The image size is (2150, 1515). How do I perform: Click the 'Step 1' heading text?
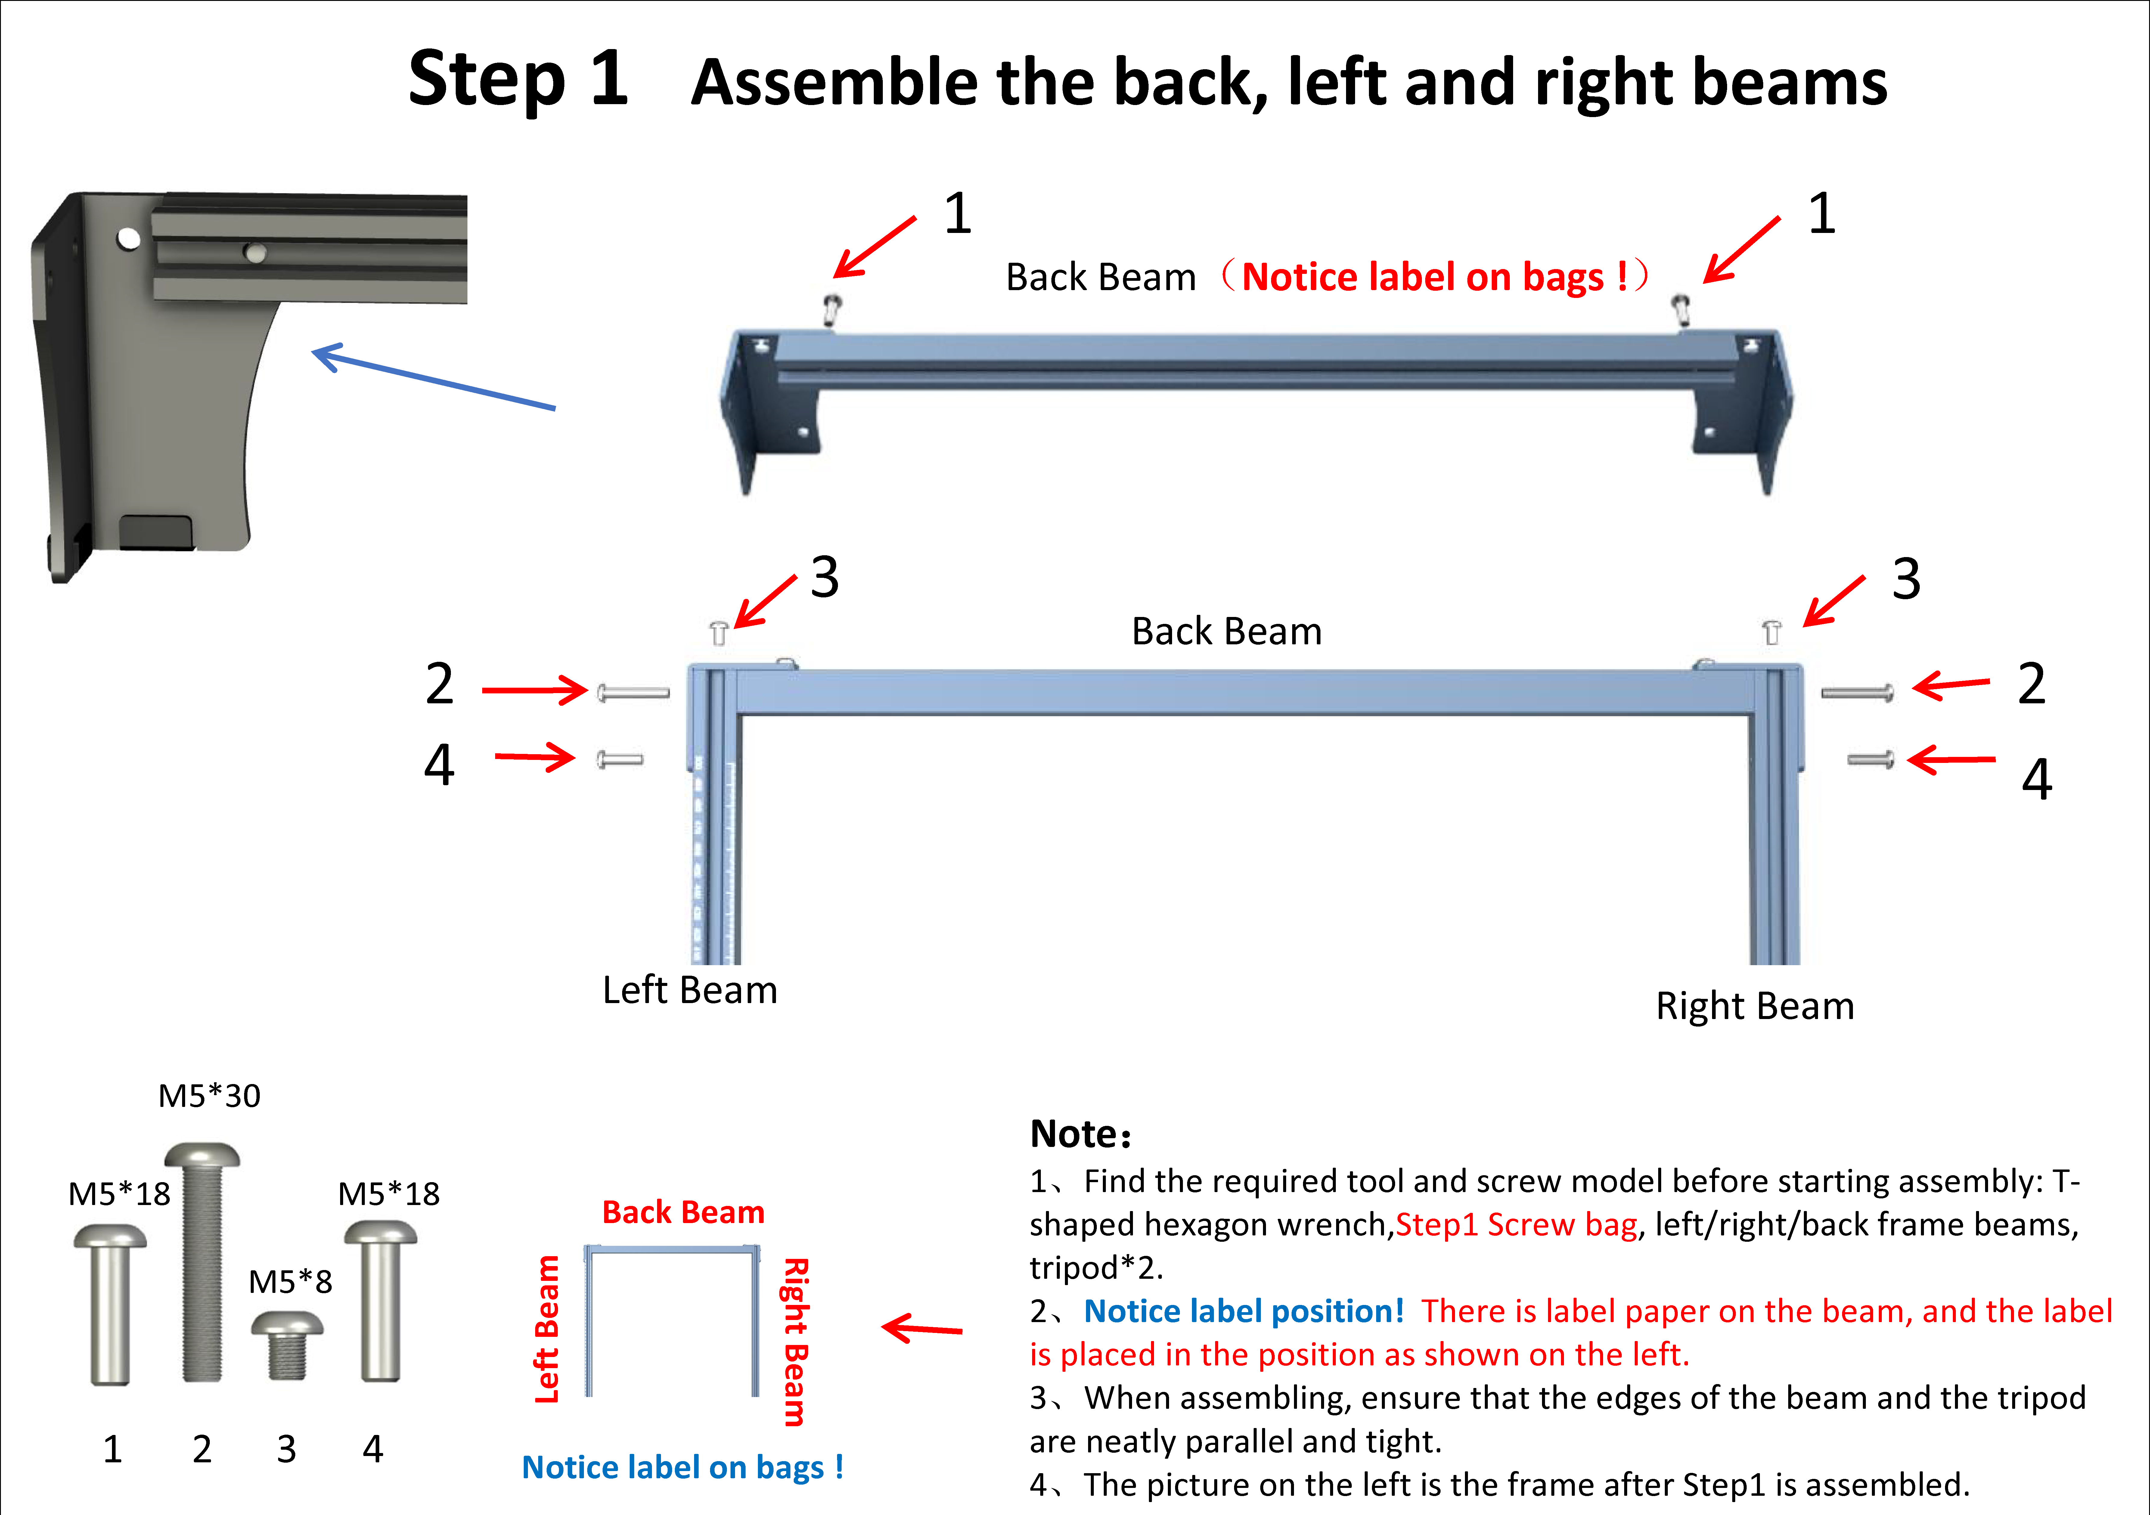tap(518, 79)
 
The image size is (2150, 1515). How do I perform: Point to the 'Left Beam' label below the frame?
tap(689, 990)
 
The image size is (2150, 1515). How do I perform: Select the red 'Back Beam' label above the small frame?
tap(683, 1213)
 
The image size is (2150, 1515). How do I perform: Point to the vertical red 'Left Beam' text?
tap(547, 1330)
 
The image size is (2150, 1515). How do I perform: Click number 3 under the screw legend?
tap(287, 1449)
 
